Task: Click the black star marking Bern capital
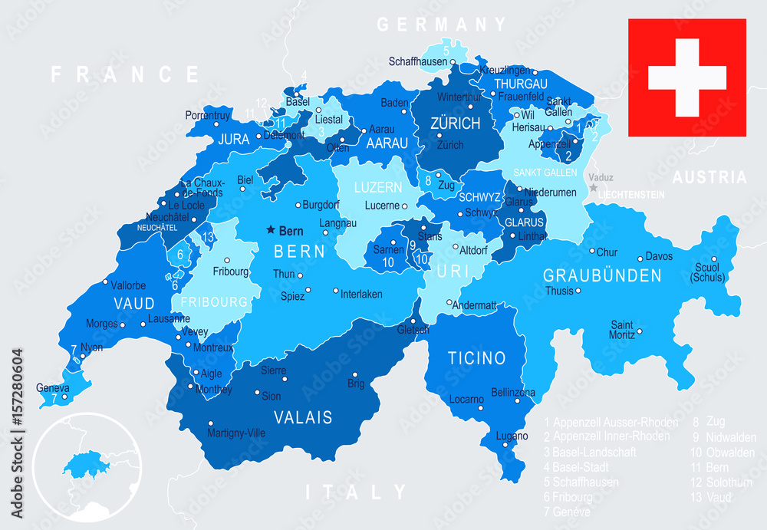pos(271,229)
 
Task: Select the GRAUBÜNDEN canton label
pos(602,275)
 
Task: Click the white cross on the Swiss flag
pos(686,78)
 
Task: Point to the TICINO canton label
pos(476,358)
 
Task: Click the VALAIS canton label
pos(304,418)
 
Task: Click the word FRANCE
pos(125,74)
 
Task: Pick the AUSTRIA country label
pos(709,178)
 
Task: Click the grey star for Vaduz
pos(593,187)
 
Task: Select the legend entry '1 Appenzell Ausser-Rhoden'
pos(611,422)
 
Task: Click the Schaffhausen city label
pos(417,61)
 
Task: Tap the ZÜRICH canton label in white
pos(455,123)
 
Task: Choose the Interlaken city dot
pos(336,291)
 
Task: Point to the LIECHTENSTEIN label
pos(630,195)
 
